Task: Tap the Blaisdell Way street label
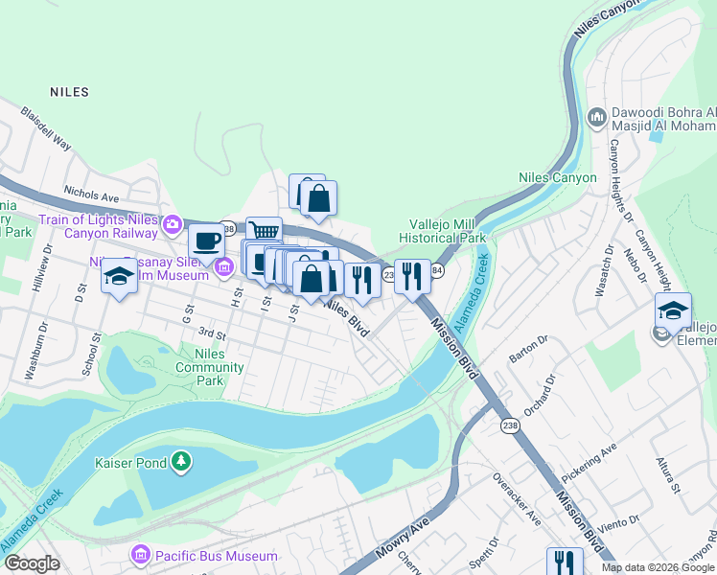tap(46, 128)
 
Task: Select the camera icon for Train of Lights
tap(173, 224)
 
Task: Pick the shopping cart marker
tap(264, 232)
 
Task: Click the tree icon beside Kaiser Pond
tap(180, 463)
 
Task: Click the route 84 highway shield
tap(436, 273)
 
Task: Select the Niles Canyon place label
tap(557, 177)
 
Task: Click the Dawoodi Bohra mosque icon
tap(596, 117)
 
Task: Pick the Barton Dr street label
tap(527, 352)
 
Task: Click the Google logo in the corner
tap(32, 563)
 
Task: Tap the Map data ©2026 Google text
tap(658, 567)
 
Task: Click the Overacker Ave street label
tap(517, 498)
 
